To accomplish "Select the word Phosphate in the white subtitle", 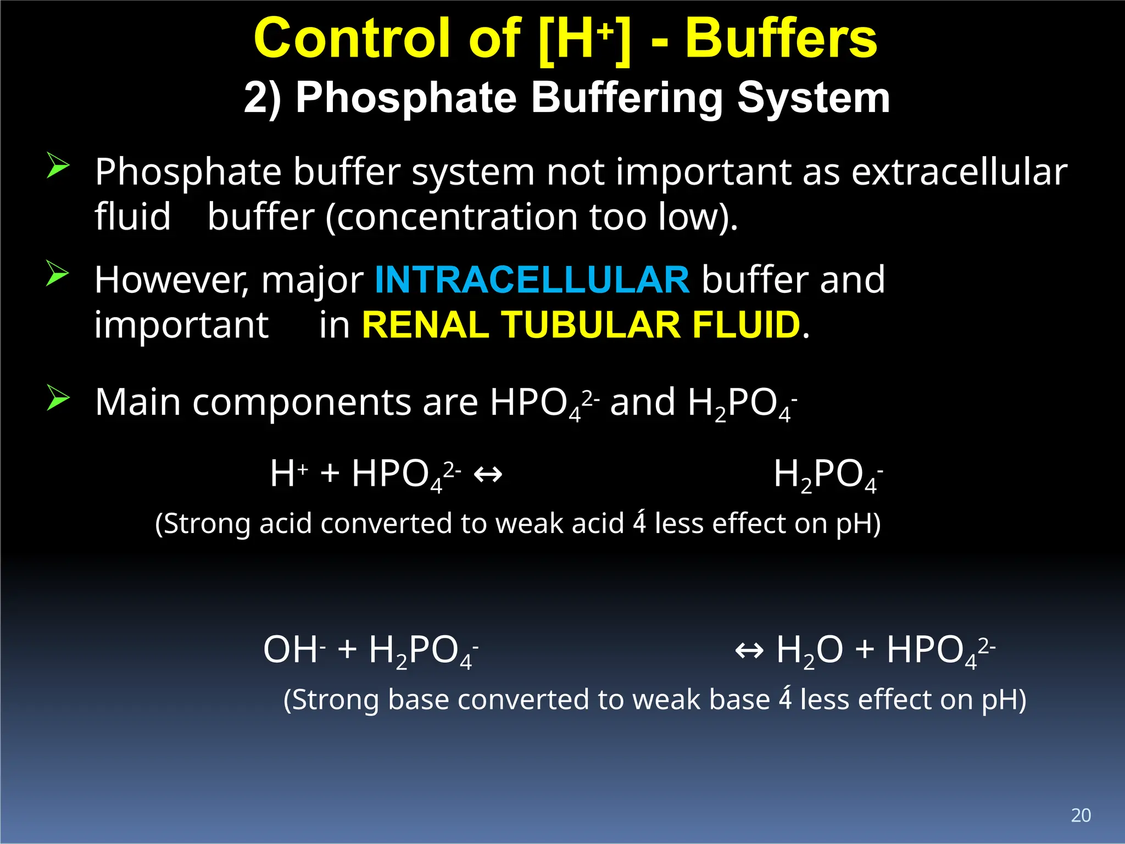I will pyautogui.click(x=406, y=98).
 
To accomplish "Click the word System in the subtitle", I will pyautogui.click(x=813, y=98).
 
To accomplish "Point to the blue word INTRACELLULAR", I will pyautogui.click(x=532, y=280).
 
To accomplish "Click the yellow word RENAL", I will pyautogui.click(x=426, y=325).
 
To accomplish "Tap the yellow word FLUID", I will pyautogui.click(x=745, y=325).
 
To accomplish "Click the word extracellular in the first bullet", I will pyautogui.click(x=959, y=172).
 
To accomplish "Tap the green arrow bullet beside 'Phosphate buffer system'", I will pyautogui.click(x=58, y=165).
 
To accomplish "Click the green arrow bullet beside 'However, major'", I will pyautogui.click(x=58, y=273).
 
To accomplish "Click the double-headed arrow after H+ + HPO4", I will pyautogui.click(x=488, y=474).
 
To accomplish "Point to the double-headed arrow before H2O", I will pyautogui.click(x=749, y=651).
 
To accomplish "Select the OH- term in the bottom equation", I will pyautogui.click(x=294, y=650).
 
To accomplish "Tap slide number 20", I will pyautogui.click(x=1081, y=815).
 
